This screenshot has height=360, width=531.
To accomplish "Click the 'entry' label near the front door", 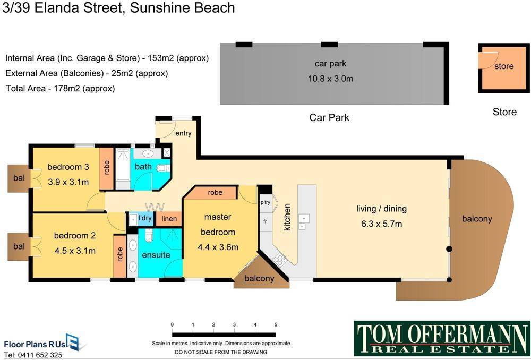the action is point(183,133).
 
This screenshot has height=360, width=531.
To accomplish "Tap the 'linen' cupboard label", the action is point(169,219).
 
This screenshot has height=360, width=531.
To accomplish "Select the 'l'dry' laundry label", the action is point(145,218).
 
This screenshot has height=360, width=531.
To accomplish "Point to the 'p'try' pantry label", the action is point(265,203).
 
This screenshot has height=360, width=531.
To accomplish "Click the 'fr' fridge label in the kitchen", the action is point(265,221).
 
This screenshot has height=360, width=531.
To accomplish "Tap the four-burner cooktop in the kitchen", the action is point(280,260).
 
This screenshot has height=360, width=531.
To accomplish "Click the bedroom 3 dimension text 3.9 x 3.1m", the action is point(68,182).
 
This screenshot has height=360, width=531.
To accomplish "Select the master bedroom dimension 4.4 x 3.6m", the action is point(218,247).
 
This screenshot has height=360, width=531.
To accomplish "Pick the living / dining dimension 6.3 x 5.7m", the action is point(381,224).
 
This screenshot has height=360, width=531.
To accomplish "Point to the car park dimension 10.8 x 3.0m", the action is point(330,79).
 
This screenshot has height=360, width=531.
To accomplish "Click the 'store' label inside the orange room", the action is point(504,66).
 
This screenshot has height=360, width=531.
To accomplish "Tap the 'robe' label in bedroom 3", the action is point(107,167).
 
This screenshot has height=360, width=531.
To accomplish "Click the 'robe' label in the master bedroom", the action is point(215,193).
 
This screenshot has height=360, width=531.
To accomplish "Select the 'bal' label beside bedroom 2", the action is point(19,246).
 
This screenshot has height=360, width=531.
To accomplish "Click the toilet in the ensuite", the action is point(148,235).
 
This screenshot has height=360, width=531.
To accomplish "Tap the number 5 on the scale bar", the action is point(276,325).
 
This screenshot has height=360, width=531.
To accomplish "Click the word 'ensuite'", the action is point(156,255).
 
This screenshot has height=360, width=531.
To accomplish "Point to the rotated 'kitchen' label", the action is point(287,217).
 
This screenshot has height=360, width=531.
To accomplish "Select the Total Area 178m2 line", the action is point(61,89).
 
